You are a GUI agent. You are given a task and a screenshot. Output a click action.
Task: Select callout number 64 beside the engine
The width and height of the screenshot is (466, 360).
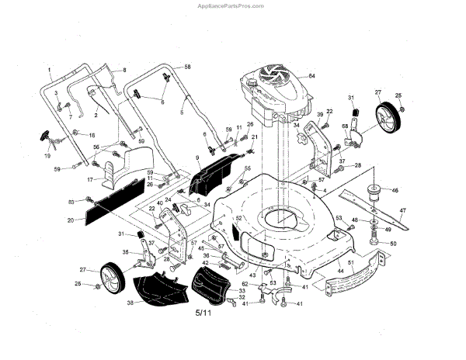tap(312, 75)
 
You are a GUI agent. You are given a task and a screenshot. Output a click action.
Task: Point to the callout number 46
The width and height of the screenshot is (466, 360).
tap(395, 190)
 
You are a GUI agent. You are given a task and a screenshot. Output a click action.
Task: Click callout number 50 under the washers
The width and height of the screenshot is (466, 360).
tap(393, 244)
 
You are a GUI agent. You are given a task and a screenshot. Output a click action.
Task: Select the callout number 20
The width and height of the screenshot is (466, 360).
tap(71, 220)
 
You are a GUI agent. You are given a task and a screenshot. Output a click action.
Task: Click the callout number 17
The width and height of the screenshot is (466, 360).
tap(89, 179)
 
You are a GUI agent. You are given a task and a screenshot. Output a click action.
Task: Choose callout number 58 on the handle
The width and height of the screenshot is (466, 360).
tap(187, 68)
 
